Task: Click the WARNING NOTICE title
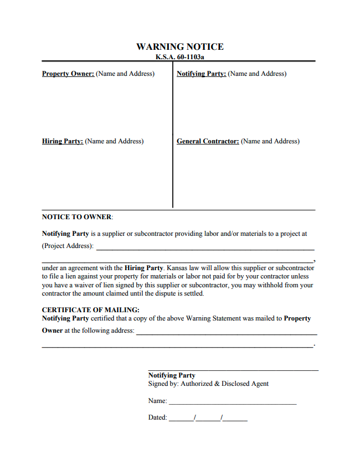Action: (x=180, y=47)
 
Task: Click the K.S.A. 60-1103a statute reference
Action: (x=180, y=56)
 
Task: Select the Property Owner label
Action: (x=68, y=74)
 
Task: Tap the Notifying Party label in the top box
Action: (x=201, y=74)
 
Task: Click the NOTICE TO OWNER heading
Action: (x=77, y=217)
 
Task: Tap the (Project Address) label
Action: (x=68, y=246)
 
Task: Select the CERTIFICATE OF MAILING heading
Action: (x=91, y=310)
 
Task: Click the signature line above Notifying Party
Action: (x=233, y=369)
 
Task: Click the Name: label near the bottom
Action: (x=157, y=400)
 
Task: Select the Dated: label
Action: (x=157, y=417)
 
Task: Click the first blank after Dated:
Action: (x=181, y=420)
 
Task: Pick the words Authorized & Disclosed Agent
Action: (x=224, y=384)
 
